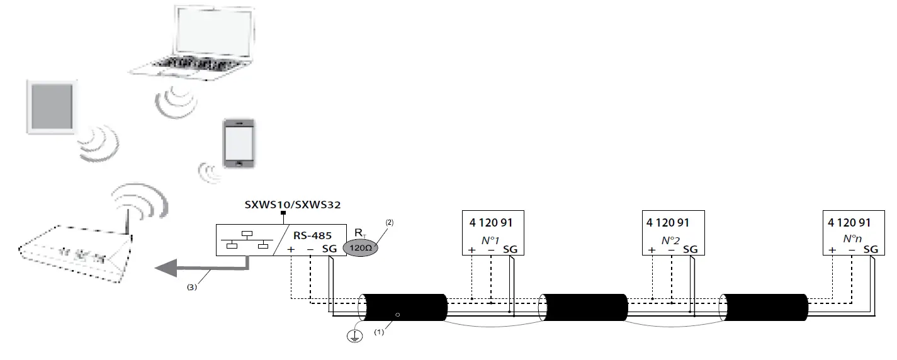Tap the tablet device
coord(53,106)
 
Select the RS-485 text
coord(313,235)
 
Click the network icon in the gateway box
coord(246,240)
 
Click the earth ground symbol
coord(356,337)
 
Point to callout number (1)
coord(380,331)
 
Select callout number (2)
coord(389,223)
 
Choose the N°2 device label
coord(672,240)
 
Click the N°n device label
coord(852,239)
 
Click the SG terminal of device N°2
coord(691,250)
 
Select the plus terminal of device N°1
coord(472,250)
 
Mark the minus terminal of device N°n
coord(852,250)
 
